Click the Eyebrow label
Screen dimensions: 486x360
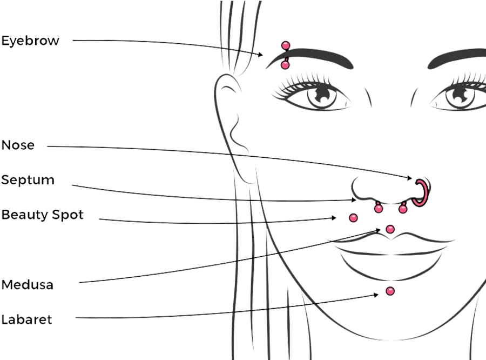click(x=30, y=41)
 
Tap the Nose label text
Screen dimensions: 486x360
click(x=18, y=145)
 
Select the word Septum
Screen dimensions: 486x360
click(x=28, y=180)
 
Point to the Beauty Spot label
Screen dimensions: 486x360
click(x=43, y=215)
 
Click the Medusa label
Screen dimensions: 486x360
click(x=28, y=284)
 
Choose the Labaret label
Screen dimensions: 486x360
click(x=26, y=319)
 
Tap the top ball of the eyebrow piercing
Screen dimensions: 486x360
click(x=286, y=45)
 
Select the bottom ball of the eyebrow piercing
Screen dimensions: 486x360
click(x=285, y=65)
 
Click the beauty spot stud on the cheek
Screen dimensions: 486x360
click(x=353, y=218)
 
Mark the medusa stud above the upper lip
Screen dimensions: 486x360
click(x=390, y=229)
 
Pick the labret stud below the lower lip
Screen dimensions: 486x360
click(x=390, y=291)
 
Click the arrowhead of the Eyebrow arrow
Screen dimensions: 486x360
click(x=261, y=54)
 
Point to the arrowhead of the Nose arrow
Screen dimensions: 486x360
click(x=409, y=178)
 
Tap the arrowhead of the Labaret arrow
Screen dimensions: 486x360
click(x=376, y=295)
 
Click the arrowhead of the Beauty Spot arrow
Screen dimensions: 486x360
click(x=334, y=218)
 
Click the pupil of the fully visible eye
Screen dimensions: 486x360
click(x=322, y=94)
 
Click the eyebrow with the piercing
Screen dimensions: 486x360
click(x=310, y=57)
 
